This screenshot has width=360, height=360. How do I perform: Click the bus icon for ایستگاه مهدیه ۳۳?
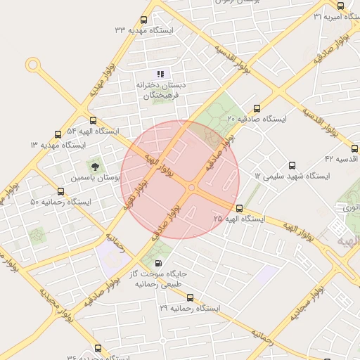(144, 20)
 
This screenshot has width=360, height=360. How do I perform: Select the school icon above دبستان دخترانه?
(160, 73)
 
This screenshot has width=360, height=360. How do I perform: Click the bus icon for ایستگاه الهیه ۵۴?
(94, 121)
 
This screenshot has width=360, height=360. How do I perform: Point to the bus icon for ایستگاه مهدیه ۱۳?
(58, 134)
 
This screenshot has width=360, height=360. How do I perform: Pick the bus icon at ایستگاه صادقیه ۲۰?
(257, 109)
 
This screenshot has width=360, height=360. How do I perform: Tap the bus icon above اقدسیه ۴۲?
(354, 148)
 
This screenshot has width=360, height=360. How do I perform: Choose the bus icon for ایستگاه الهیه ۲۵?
(240, 208)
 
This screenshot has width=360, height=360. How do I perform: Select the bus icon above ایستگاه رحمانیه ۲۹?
(189, 297)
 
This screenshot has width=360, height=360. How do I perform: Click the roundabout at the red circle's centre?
(191, 187)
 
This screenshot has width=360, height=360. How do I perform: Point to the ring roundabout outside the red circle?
(32, 65)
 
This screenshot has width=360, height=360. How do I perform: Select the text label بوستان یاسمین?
(94, 179)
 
